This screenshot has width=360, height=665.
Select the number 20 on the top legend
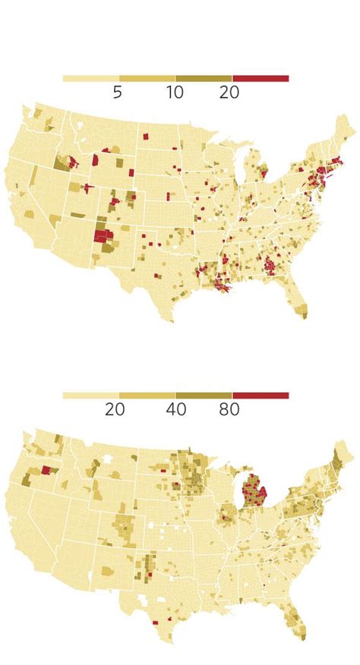click(229, 92)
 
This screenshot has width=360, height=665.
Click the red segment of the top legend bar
click(261, 78)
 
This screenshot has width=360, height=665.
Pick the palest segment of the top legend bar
click(90, 78)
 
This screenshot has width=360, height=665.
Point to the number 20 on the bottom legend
click(115, 409)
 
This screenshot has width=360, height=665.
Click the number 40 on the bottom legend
click(175, 409)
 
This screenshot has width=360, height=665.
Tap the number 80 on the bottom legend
click(229, 409)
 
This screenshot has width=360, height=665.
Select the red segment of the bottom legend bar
click(261, 396)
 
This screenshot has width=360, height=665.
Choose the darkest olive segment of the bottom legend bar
click(204, 396)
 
